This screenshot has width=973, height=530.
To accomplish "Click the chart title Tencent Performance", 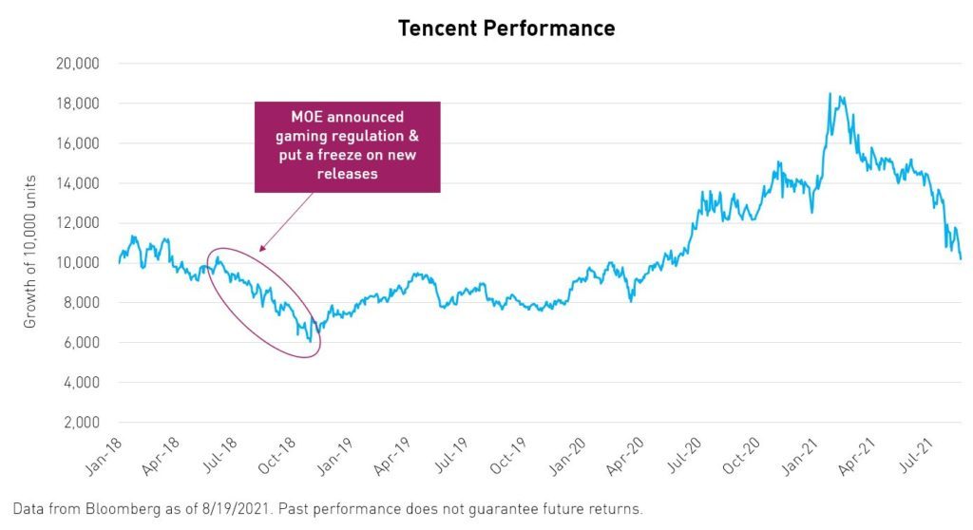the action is tap(506, 28).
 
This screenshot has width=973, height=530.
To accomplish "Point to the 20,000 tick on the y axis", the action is tap(78, 64).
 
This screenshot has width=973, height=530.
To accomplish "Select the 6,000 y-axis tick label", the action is tap(81, 343).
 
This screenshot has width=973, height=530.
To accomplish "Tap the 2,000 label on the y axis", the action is tap(81, 423).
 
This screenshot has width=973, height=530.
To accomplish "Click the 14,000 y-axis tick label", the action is tap(78, 183).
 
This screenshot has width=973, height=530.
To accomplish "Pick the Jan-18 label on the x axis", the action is tap(105, 456).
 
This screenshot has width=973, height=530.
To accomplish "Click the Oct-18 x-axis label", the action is tap(277, 456).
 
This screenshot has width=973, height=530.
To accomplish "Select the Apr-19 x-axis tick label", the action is tap(393, 456).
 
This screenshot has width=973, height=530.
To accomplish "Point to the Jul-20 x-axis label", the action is tap(684, 456).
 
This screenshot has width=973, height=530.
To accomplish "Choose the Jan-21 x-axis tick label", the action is tap(800, 456).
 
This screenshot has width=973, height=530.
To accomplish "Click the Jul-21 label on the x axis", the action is tap(917, 456).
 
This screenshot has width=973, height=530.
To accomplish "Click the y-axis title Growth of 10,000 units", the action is tap(29, 252).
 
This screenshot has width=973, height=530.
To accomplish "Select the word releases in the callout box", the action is tap(348, 174).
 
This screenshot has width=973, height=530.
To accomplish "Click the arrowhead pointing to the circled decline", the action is tap(262, 248).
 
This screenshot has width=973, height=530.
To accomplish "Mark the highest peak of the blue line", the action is tap(830, 94).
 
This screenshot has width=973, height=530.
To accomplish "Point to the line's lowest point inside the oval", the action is tap(311, 341).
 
